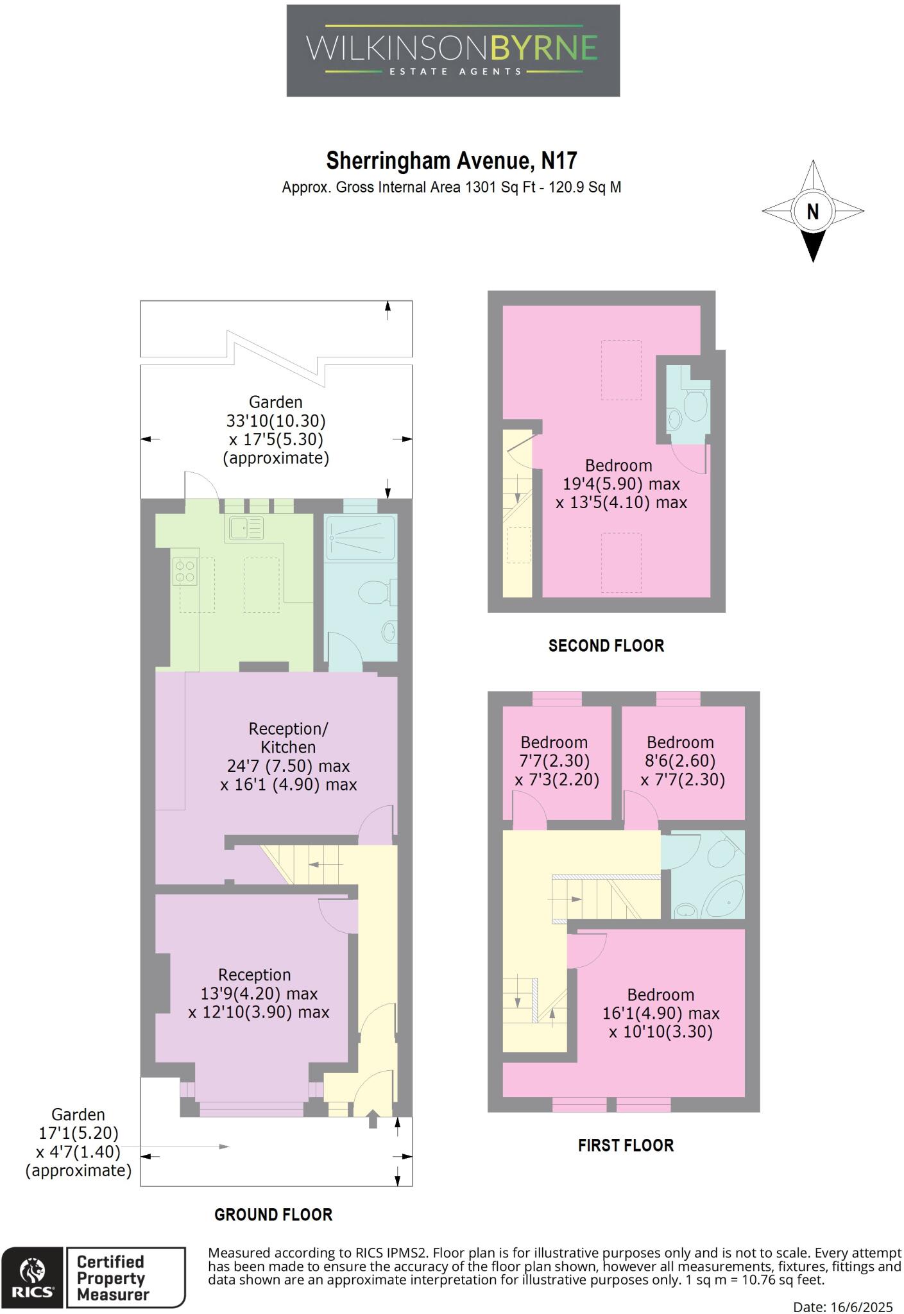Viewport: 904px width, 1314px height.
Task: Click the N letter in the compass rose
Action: (x=812, y=211)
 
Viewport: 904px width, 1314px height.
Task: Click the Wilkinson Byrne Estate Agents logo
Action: (x=452, y=51)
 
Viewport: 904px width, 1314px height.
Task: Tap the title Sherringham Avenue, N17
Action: (x=452, y=160)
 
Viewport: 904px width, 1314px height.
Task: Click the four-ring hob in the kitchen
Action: (x=185, y=572)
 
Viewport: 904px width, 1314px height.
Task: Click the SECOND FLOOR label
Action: (x=606, y=646)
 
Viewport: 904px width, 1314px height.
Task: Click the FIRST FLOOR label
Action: (x=626, y=1146)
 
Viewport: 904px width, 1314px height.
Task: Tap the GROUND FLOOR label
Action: (x=273, y=1215)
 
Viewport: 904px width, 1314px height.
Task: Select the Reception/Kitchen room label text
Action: (x=288, y=738)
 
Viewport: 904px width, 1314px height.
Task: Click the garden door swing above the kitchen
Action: (x=200, y=484)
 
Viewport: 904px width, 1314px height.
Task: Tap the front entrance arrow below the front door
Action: (x=373, y=1122)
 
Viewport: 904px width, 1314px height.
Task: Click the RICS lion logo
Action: (x=32, y=1270)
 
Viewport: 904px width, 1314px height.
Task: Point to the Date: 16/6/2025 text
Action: (x=842, y=1307)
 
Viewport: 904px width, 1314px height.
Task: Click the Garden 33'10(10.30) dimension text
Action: (x=276, y=421)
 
